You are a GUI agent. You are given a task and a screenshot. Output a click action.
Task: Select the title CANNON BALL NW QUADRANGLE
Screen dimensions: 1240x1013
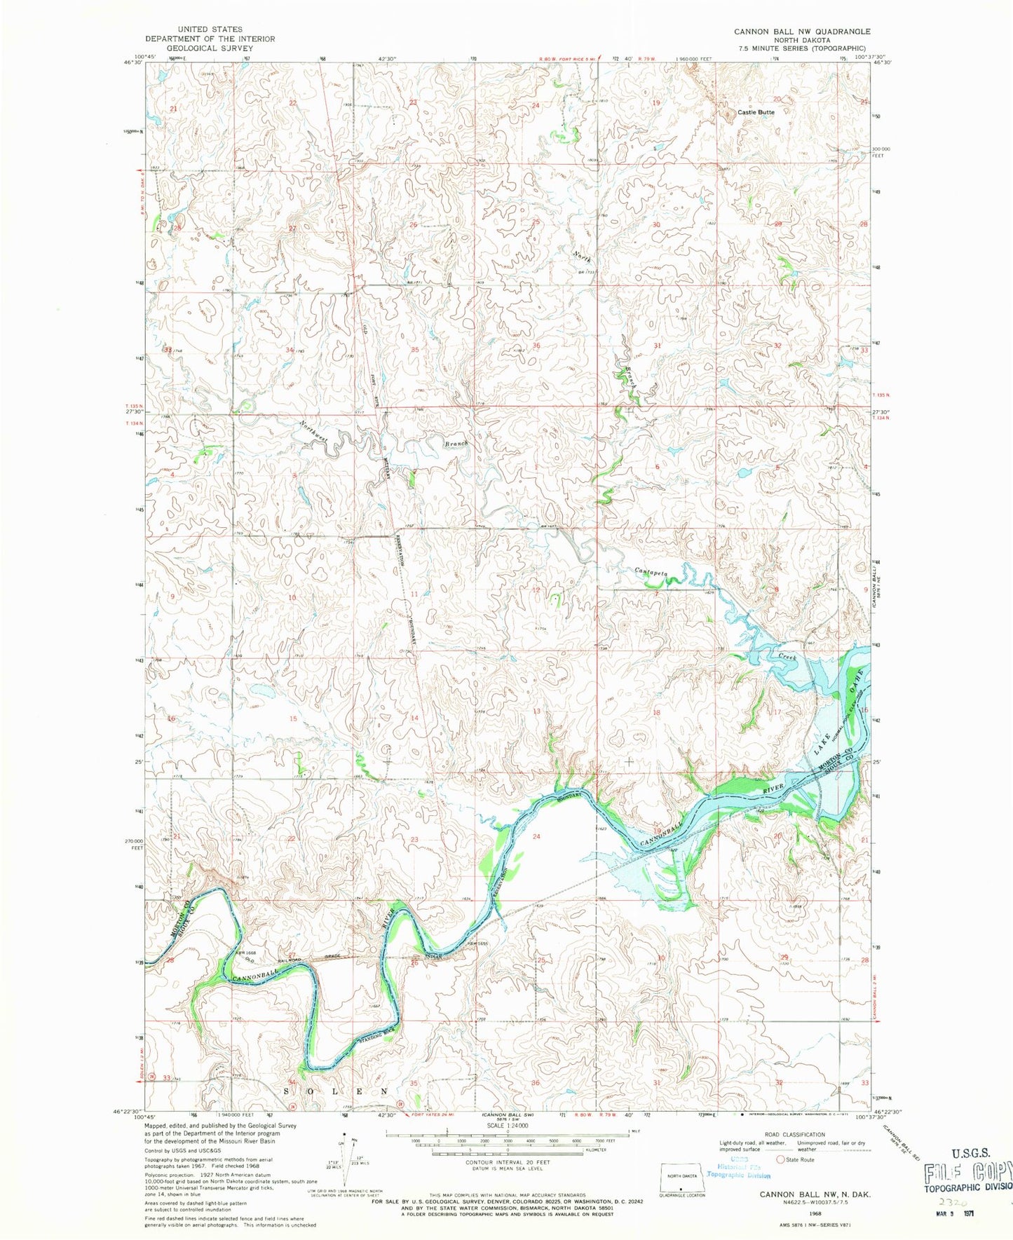[x=802, y=32]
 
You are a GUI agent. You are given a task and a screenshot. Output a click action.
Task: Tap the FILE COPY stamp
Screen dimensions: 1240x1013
[x=967, y=1171]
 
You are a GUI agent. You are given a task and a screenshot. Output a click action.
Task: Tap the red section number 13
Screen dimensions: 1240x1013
[x=536, y=711]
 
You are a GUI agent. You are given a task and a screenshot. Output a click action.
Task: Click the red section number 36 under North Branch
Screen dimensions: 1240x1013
[x=536, y=346]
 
